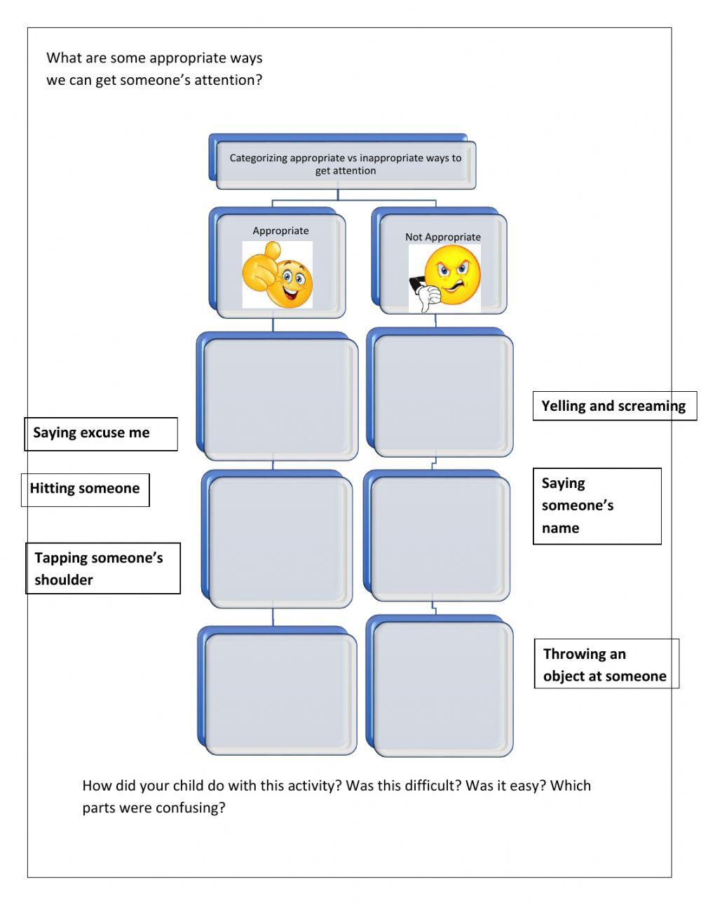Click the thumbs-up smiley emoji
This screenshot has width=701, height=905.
click(x=278, y=275)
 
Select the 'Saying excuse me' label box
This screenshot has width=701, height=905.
click(x=101, y=433)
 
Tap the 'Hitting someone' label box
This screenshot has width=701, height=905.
click(x=85, y=489)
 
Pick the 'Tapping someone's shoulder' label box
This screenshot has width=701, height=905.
click(x=103, y=569)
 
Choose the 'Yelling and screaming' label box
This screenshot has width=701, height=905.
click(x=614, y=406)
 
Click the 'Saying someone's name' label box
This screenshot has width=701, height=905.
click(x=597, y=505)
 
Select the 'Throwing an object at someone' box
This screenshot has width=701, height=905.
click(x=606, y=664)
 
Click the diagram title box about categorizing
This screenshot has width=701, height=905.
click(x=346, y=164)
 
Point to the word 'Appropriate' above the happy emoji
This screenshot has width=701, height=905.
click(x=280, y=231)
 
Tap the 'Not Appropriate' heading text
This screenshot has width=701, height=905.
click(x=443, y=237)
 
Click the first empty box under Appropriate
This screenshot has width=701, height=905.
click(x=280, y=397)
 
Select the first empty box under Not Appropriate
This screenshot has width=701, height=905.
click(x=442, y=395)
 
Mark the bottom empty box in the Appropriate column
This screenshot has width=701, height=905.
click(x=280, y=693)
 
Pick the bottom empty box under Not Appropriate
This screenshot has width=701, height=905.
click(x=442, y=688)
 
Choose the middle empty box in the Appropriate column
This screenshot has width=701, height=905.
click(x=280, y=540)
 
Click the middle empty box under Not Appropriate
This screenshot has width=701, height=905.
click(x=439, y=538)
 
